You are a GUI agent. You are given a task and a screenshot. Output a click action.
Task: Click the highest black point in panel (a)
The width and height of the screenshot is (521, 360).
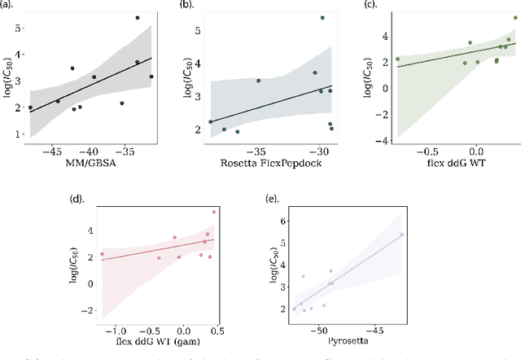tap(138, 17)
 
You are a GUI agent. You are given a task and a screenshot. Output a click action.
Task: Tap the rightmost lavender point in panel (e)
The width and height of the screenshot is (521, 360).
tap(401, 235)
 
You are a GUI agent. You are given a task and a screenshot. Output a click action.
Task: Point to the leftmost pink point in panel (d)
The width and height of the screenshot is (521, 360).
tap(103, 254)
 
